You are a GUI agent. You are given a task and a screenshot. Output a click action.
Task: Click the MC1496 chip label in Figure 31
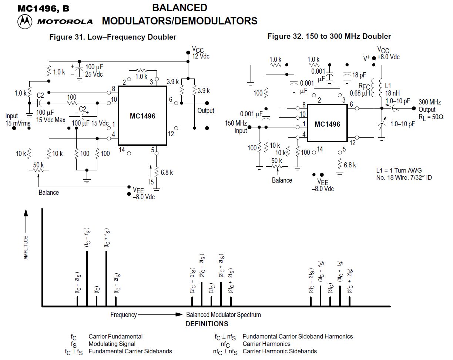coord(142,116)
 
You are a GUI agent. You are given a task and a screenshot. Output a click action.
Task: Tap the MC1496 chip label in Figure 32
coord(327,124)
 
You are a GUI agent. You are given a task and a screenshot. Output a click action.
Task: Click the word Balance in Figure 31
coord(48,192)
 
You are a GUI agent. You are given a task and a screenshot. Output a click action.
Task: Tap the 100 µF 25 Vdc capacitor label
coord(94,70)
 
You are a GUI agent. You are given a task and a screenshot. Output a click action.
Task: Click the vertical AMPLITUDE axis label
coord(26,247)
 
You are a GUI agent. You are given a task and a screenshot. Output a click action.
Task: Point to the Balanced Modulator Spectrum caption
coord(223,315)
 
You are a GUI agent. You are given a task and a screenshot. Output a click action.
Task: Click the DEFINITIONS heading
coord(207,324)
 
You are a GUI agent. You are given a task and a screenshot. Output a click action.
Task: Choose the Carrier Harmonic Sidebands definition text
coord(279,351)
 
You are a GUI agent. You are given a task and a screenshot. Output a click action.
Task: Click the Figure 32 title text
coord(329,36)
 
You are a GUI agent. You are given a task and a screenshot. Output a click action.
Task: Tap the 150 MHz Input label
coord(236,127)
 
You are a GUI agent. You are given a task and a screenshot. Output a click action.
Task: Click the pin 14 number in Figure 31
coord(122,150)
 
